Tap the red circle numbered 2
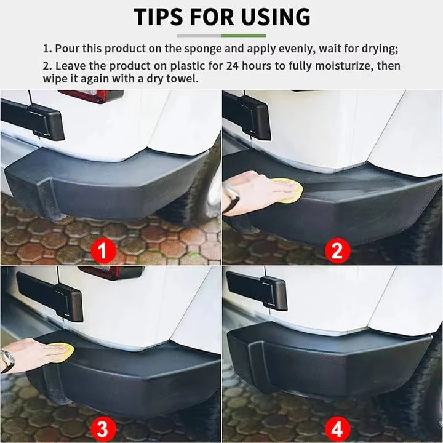tap(337, 251)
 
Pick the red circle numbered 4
tap(337, 426)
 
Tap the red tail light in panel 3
tap(111, 273)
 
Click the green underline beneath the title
tap(244, 35)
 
